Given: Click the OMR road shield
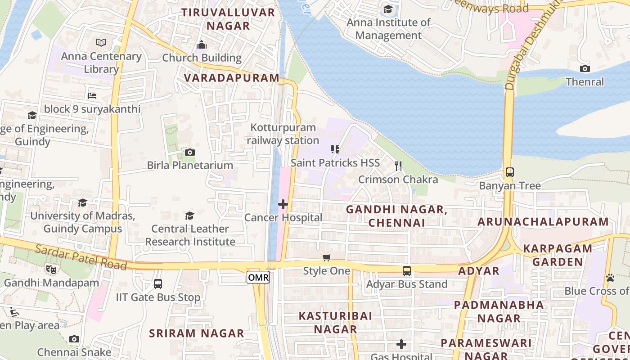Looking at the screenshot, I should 258,278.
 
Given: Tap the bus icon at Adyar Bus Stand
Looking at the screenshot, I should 407,271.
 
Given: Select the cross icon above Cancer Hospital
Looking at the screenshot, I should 283,205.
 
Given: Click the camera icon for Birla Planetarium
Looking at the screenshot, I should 190,152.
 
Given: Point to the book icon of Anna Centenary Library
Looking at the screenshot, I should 102,43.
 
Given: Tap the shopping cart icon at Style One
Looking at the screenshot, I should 327,257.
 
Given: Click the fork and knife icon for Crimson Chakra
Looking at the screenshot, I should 398,166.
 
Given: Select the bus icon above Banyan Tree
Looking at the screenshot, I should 510,172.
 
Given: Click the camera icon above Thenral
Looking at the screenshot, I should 585,68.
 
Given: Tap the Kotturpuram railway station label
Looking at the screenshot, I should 283,134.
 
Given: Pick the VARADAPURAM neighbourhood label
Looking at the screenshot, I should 232,78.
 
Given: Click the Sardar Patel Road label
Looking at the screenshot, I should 81,257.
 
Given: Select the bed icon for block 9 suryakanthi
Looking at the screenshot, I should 92,95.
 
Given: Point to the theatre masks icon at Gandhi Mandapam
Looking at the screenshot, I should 51,270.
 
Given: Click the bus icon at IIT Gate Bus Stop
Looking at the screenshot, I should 158,284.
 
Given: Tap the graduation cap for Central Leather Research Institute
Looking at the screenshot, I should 190,216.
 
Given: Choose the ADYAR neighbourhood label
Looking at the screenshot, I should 479,271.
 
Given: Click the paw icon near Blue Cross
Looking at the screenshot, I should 610,278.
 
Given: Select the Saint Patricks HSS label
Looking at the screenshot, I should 335,162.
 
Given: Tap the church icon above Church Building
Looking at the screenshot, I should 202,44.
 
